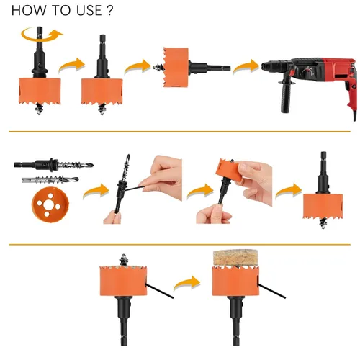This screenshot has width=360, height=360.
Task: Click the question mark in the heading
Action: (x=109, y=11)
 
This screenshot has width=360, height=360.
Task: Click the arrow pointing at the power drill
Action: (x=246, y=66)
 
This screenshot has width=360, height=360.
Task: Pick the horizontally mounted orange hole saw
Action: (x=176, y=67)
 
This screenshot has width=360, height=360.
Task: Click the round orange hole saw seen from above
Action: (x=50, y=204)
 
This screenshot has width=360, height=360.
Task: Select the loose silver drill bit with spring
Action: (x=50, y=179)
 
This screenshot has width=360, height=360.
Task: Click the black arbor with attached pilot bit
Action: (x=54, y=165)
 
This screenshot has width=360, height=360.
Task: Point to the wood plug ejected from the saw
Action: (x=235, y=258)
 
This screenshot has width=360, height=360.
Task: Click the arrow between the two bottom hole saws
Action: (x=186, y=283)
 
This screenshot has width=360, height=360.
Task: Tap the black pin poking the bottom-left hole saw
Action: (x=159, y=291)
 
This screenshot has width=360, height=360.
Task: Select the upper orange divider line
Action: (x=179, y=132)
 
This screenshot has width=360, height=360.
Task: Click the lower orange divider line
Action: (x=179, y=245)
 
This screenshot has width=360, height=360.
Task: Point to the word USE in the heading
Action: (x=89, y=11)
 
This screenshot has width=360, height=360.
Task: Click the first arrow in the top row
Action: (x=72, y=66)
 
